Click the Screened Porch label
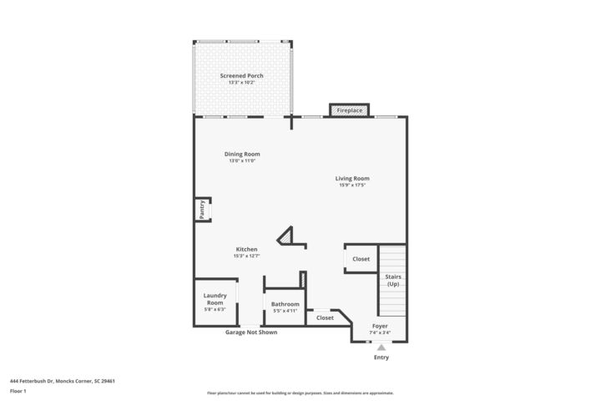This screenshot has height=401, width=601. pos(241,76)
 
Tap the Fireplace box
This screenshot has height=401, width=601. pos(349,110)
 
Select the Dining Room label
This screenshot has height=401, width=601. pos(241,154)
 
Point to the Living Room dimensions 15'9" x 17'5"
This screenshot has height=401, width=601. pos(351,185)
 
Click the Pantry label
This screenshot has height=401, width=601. pos(202,210)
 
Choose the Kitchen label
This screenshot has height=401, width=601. pos(246,249)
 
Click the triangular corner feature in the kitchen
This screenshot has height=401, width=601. pos(287,237)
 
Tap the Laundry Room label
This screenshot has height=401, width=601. pos(215,298)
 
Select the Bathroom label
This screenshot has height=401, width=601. pos(285,304)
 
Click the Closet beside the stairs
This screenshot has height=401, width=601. pos(361,259)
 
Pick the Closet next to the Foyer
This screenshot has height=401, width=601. pos(325,317)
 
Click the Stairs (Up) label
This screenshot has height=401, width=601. pos(392,280)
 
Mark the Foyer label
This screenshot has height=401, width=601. pos(379,327)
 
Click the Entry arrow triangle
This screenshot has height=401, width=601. pos(381,347)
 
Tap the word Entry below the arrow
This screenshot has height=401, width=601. pos(381,358)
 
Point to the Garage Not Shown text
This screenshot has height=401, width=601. pos(250,332)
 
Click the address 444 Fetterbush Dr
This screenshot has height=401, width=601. pos(63,380)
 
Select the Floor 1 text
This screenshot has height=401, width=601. pos(18,391)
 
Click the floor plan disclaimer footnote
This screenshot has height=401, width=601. pos(300,393)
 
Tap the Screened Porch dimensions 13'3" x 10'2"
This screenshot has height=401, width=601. pos(241,83)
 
